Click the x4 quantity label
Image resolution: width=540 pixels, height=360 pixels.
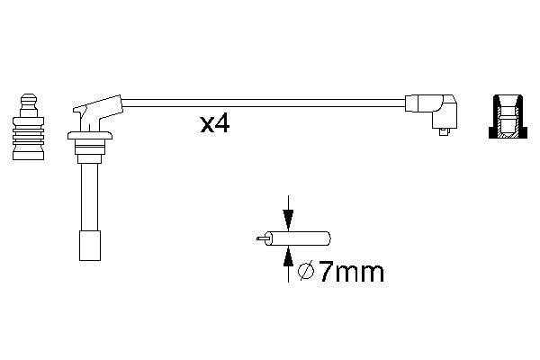(214, 124)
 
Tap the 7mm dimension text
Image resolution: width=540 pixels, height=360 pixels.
(351, 272)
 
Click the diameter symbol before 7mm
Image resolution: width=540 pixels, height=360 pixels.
(306, 272)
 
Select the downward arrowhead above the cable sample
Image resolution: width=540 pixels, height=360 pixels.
(288, 219)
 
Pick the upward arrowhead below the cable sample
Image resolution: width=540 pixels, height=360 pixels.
(288, 256)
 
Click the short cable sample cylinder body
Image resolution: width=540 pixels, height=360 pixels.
(297, 238)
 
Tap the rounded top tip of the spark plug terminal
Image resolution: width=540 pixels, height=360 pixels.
(29, 98)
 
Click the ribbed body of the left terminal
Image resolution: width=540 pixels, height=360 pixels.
(28, 133)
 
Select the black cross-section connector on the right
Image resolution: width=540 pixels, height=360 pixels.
(508, 116)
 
